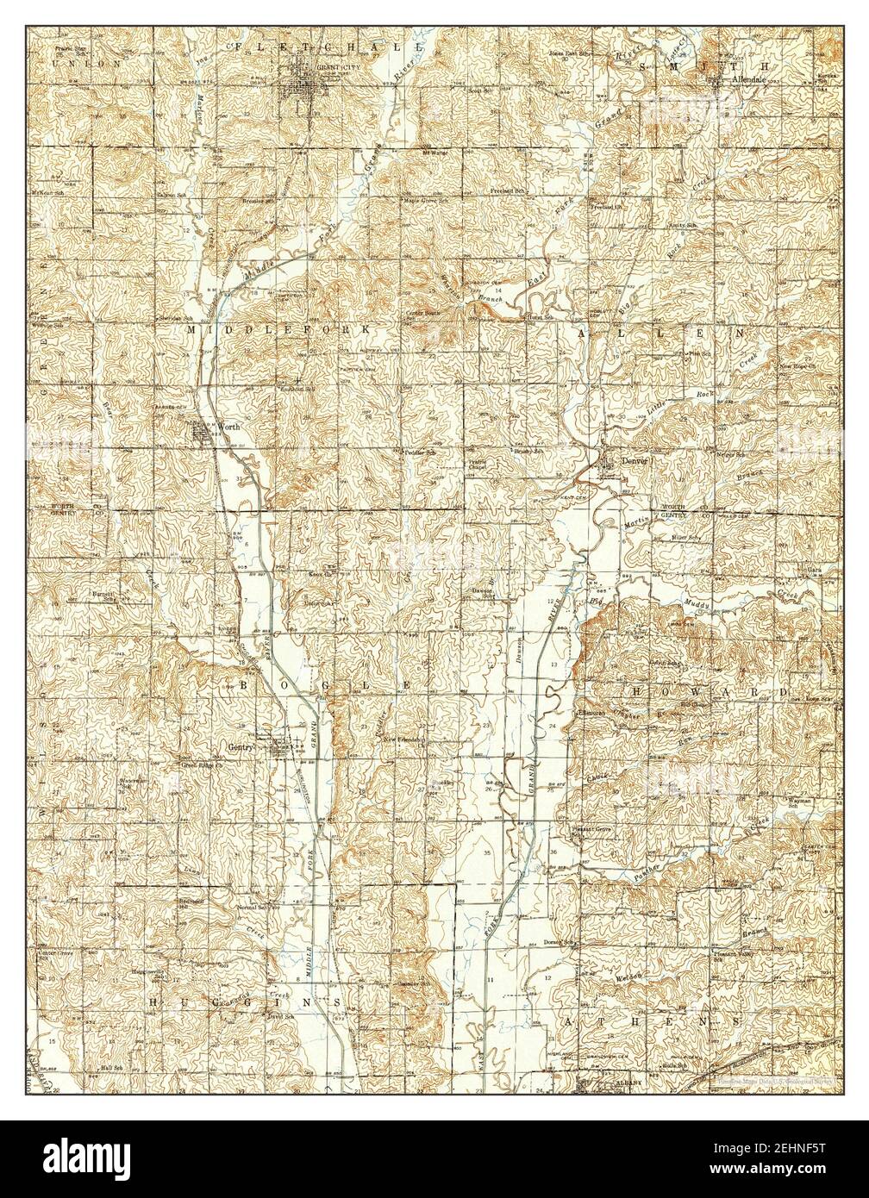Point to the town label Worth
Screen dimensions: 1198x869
click(227, 427)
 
